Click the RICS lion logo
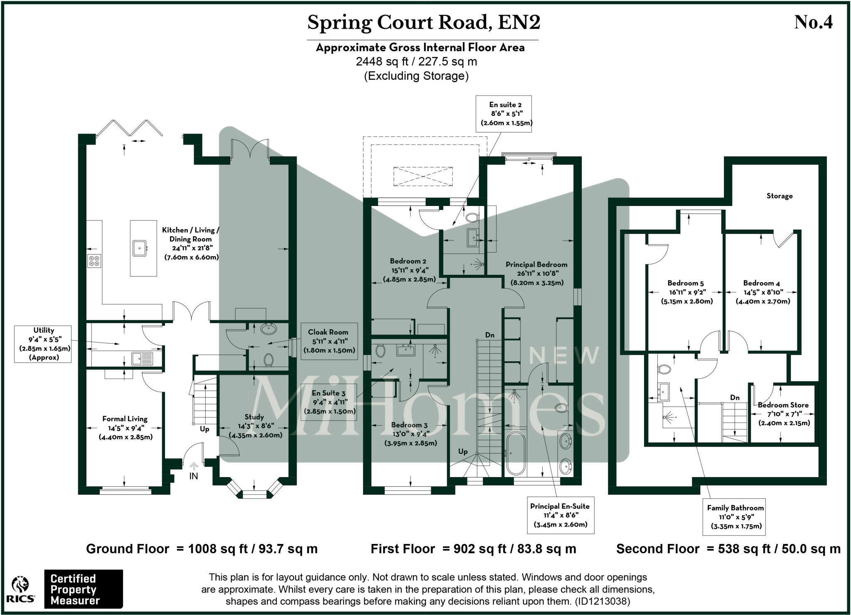click(x=20, y=590)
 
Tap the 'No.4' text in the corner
click(x=813, y=22)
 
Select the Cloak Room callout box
click(x=328, y=341)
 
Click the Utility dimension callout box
click(x=43, y=344)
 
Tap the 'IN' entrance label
click(x=194, y=476)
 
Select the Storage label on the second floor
click(x=779, y=196)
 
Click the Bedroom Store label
click(x=783, y=405)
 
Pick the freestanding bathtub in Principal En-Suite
click(x=516, y=453)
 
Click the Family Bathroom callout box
click(x=735, y=517)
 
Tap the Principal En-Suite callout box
click(x=560, y=515)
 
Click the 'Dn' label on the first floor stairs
click(x=489, y=335)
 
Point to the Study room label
click(x=254, y=417)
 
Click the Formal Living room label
click(x=125, y=419)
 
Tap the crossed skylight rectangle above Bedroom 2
click(x=423, y=176)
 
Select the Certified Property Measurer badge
click(x=84, y=589)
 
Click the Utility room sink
click(x=142, y=358)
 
